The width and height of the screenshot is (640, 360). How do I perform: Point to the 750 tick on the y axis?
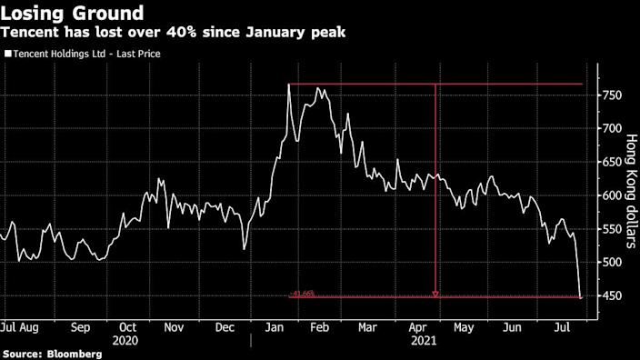point(614,95)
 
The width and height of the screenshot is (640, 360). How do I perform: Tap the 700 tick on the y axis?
point(614,129)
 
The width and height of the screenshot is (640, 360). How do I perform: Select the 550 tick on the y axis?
point(614,229)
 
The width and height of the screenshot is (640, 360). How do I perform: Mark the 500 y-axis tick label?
point(614,263)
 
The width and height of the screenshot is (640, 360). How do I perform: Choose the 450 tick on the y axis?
point(614,296)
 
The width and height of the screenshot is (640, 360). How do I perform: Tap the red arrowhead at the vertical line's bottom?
point(435,294)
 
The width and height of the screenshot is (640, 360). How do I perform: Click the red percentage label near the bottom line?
point(303,294)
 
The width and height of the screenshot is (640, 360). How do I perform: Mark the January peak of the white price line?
point(288,85)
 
